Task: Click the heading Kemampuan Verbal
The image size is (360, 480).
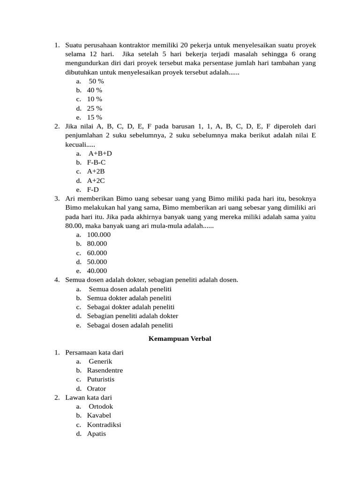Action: click(180, 339)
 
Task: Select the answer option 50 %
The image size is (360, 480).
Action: click(96, 81)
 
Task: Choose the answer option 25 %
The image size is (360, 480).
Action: click(94, 108)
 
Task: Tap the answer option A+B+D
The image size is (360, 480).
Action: click(100, 153)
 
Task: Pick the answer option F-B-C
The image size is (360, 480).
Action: click(96, 162)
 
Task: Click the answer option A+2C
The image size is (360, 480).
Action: click(96, 180)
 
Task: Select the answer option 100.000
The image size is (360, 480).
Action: click(98, 234)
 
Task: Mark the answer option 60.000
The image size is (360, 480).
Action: click(97, 253)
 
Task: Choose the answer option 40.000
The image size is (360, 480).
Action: click(97, 271)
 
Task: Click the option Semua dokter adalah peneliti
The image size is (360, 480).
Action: click(129, 298)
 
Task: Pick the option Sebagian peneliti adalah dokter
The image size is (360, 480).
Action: click(132, 316)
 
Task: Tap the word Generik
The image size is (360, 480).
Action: click(100, 361)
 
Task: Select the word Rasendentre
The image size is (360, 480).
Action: click(105, 370)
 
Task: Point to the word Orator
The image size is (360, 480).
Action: click(96, 389)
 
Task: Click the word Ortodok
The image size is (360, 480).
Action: click(101, 406)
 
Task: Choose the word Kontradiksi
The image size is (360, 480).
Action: click(104, 425)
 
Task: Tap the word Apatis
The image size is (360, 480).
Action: click(96, 434)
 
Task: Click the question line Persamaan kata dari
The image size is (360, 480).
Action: click(94, 352)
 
